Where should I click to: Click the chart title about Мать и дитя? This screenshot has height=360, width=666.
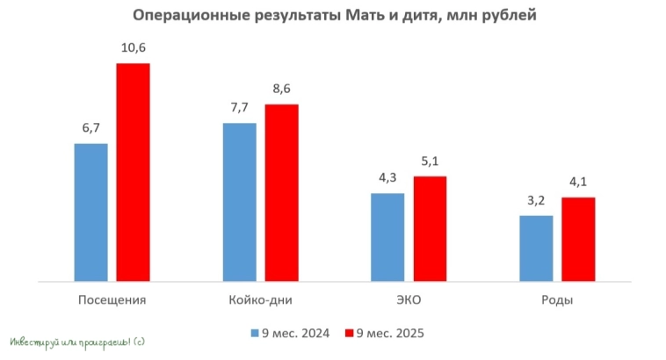pyautogui.click(x=333, y=16)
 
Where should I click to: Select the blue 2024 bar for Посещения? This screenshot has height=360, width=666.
pyautogui.click(x=91, y=212)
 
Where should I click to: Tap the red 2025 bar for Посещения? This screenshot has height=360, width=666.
pyautogui.click(x=134, y=173)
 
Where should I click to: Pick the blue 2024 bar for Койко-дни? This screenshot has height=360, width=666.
pyautogui.click(x=240, y=202)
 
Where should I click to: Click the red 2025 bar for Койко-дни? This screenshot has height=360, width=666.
pyautogui.click(x=282, y=193)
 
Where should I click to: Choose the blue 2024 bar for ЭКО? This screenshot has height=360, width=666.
pyautogui.click(x=387, y=237)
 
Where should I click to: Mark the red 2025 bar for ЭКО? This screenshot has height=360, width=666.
pyautogui.click(x=431, y=229)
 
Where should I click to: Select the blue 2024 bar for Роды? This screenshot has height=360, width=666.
pyautogui.click(x=536, y=248)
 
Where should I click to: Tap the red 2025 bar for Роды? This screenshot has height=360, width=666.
pyautogui.click(x=578, y=240)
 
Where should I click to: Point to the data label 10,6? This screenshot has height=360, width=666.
pyautogui.click(x=134, y=47)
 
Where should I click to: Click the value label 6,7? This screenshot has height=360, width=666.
pyautogui.click(x=91, y=128)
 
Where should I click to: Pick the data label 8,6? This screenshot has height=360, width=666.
pyautogui.click(x=282, y=89)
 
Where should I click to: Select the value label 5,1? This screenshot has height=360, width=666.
pyautogui.click(x=431, y=161)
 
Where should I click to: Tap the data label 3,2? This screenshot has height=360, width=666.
pyautogui.click(x=536, y=200)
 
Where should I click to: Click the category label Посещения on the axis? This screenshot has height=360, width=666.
pyautogui.click(x=112, y=300)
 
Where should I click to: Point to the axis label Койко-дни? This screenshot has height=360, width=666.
pyautogui.click(x=260, y=300)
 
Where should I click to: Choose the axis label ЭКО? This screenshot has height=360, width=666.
pyautogui.click(x=409, y=300)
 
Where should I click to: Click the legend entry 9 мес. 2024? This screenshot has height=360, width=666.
pyautogui.click(x=290, y=333)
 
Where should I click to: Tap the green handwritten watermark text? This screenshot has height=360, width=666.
pyautogui.click(x=77, y=341)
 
